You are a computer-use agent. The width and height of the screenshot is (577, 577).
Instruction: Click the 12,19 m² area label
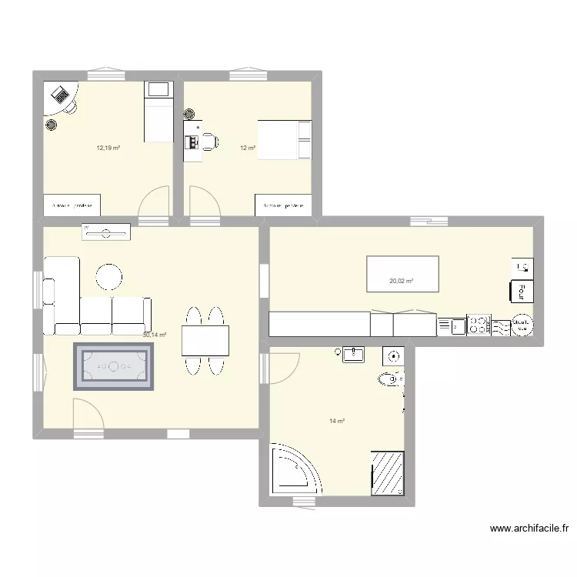tap(108, 148)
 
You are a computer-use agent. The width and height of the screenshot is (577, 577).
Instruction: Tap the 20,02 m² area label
tap(401, 282)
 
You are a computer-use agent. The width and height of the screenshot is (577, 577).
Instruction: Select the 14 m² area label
tap(337, 421)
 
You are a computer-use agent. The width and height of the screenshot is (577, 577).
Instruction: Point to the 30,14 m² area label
tap(155, 335)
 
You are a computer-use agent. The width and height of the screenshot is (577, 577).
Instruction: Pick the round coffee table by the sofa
tap(108, 278)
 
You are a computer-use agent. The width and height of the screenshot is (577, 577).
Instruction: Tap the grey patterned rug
tap(115, 367)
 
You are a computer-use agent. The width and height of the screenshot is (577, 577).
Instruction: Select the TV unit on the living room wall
tap(106, 229)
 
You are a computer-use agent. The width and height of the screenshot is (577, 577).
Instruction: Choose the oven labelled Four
tap(520, 292)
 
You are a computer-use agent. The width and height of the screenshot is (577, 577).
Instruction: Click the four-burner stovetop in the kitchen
tap(479, 325)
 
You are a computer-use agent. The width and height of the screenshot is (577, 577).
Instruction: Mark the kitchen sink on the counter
tap(453, 326)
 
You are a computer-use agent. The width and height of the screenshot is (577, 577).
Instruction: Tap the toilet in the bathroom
tap(389, 379)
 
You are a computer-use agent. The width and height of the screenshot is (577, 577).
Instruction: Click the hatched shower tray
tap(388, 472)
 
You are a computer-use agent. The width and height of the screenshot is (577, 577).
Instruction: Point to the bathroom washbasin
tap(355, 355)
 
